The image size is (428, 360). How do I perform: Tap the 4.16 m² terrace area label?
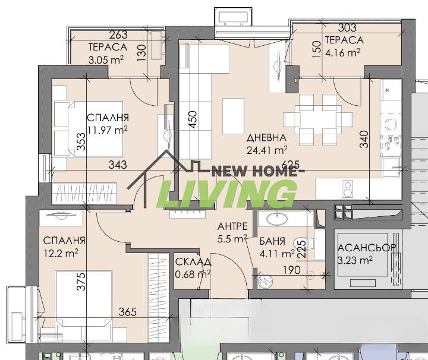[342, 52]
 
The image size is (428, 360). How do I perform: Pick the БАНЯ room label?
[272, 241]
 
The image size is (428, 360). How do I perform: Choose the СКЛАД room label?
[191, 262]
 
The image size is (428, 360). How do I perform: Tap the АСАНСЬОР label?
[363, 248]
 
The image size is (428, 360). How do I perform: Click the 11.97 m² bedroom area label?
[108, 130]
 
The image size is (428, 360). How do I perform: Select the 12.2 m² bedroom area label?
[61, 252]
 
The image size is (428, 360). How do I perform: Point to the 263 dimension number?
[119, 35]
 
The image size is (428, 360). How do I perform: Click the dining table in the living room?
[318, 119]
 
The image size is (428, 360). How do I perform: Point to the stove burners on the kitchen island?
[347, 189]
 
